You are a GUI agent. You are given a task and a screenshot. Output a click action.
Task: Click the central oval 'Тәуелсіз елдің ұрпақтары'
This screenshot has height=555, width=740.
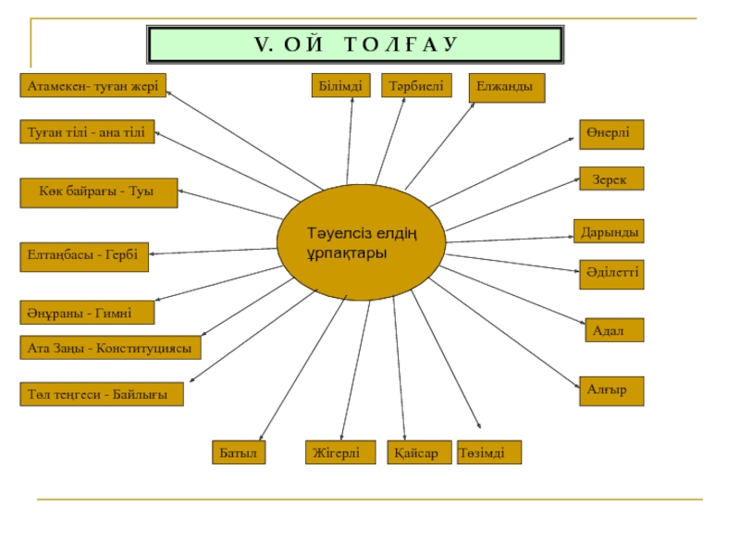pos(361,242)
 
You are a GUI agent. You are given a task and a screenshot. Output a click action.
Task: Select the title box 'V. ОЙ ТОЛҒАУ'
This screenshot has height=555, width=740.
pos(355,44)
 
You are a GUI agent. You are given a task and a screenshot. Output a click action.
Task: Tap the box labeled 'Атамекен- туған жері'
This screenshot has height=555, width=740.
pos(93,85)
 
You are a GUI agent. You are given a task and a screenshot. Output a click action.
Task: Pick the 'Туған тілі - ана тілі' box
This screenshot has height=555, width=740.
pos(87,131)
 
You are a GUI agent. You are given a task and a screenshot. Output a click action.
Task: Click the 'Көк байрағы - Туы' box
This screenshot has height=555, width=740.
pos(99,192)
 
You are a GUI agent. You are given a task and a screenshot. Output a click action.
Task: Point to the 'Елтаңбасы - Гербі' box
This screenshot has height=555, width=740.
pos(84,257)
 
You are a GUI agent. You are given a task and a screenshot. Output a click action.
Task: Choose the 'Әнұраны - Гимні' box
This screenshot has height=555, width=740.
pos(87,313)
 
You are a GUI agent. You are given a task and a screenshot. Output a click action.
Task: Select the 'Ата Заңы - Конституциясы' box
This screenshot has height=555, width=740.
pos(110,348)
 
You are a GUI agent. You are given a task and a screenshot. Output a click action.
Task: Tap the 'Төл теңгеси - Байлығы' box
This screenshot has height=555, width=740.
pos(102,394)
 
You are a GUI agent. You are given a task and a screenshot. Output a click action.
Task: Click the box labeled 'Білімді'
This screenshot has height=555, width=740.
pos(340,85)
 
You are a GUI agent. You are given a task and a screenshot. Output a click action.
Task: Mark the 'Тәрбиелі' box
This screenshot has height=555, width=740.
pos(416,85)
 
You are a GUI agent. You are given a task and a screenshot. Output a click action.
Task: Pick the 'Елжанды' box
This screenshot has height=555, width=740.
pos(507,88)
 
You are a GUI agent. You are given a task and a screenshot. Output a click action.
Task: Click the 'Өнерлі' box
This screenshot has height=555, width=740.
pos(611,134)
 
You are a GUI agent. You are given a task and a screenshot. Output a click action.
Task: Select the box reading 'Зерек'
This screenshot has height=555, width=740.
pos(611,179)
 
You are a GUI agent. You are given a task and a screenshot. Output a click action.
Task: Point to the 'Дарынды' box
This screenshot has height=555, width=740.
pos(609,231)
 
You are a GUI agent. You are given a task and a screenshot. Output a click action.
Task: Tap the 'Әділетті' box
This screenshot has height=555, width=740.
pos(611,274)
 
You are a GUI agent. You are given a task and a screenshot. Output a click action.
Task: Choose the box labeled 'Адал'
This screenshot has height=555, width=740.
pos(614,330)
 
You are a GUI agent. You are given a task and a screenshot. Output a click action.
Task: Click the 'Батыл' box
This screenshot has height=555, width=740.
pos(239,452)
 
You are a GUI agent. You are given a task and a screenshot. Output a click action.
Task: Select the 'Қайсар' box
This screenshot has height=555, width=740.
pos(420,452)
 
